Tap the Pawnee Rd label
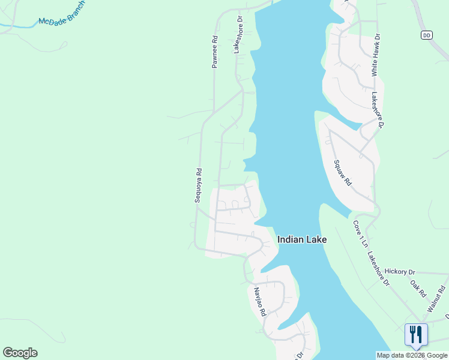click(x=214, y=52)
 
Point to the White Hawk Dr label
click(x=375, y=55)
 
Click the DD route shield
click(x=427, y=35)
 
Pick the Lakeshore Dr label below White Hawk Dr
click(x=378, y=109)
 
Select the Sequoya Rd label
click(x=198, y=185)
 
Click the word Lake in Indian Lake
click(x=317, y=239)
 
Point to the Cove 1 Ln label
click(x=358, y=234)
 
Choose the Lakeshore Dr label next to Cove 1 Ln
click(x=378, y=269)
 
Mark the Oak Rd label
click(x=418, y=289)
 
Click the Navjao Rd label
click(x=259, y=302)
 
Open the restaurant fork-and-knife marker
click(x=416, y=334)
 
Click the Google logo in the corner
click(x=20, y=352)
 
